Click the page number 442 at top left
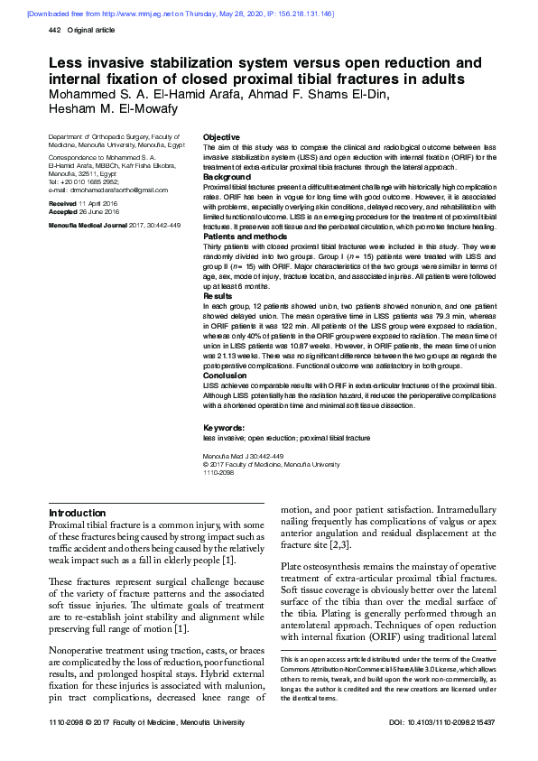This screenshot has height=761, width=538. tap(53, 30)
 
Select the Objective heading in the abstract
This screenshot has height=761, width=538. tap(221, 136)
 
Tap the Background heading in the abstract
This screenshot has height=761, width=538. tap(226, 177)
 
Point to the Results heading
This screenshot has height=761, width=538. tap(218, 295)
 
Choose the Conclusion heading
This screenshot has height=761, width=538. tap(224, 376)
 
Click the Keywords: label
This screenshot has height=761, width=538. tap(224, 427)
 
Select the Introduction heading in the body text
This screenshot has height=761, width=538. tap(77, 513)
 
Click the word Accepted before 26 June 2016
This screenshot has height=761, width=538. tap(63, 212)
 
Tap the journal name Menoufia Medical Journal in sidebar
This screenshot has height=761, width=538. tap(85, 224)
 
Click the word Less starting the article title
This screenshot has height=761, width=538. tap(69, 64)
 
